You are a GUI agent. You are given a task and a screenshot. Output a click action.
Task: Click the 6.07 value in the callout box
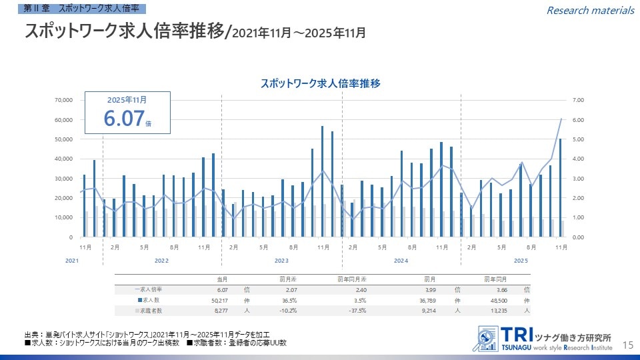point(124,119)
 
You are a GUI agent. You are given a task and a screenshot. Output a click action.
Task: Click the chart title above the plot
point(320,84)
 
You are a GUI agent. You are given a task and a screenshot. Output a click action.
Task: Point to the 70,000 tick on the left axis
point(63,100)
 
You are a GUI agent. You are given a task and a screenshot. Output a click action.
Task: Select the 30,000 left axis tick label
point(63,178)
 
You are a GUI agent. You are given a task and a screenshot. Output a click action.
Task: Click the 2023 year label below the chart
point(281,261)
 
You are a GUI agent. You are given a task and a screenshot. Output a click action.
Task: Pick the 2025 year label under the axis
point(521,261)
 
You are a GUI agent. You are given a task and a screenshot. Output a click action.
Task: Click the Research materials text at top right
point(590,10)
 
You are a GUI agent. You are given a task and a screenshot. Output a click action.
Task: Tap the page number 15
point(627,345)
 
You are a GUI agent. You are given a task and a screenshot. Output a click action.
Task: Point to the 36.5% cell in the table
point(287,300)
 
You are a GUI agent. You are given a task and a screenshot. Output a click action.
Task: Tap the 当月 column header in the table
point(223,279)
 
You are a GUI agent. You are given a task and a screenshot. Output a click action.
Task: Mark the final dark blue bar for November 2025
point(561,187)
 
